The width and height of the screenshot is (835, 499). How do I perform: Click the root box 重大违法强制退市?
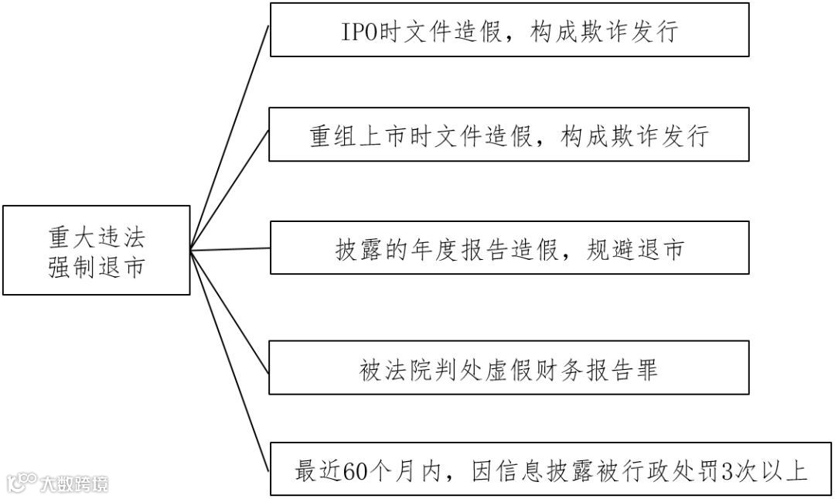click(x=96, y=250)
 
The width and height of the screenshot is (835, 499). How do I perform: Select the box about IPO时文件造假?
click(x=509, y=30)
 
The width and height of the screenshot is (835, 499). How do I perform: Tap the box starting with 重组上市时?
click(x=509, y=135)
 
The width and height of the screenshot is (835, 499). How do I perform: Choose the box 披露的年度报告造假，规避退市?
click(x=509, y=248)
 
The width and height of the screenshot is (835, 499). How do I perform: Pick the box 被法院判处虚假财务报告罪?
click(x=509, y=368)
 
